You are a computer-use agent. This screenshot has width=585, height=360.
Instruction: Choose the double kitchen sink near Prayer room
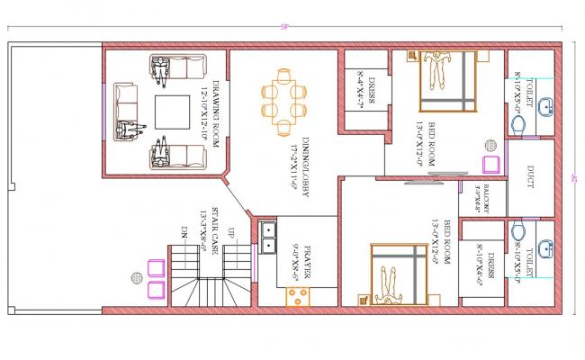[x=267, y=236]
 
